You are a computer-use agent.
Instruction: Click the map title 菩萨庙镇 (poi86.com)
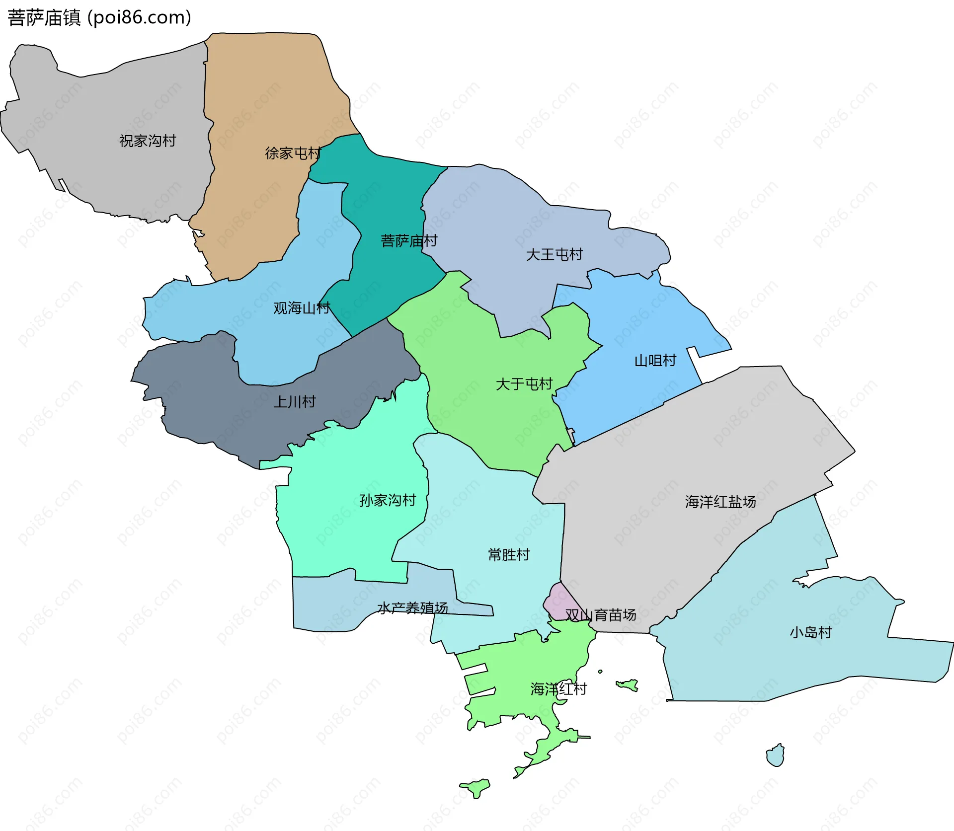point(99,18)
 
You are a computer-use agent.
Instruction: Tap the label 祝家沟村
point(148,141)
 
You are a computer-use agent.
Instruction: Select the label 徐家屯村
point(293,153)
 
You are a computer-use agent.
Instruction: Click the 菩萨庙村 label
point(409,241)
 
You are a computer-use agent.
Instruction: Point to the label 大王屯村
point(554,255)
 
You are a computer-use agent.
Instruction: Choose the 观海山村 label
point(302,308)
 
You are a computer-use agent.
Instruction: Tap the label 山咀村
point(655,361)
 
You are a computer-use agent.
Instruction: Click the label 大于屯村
point(524,384)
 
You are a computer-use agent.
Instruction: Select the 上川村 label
point(295,402)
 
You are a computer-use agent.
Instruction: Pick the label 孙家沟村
point(388,500)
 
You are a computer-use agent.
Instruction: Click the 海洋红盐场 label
point(720,502)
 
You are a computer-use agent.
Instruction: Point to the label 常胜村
point(509,554)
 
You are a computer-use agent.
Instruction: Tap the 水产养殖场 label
point(412,607)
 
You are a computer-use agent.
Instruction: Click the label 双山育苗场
point(601,615)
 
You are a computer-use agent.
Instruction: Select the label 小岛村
point(810,632)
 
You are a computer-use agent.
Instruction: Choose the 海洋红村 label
point(558,689)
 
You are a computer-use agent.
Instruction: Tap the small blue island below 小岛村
point(776,756)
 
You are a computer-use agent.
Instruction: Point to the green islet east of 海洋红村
point(628,685)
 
